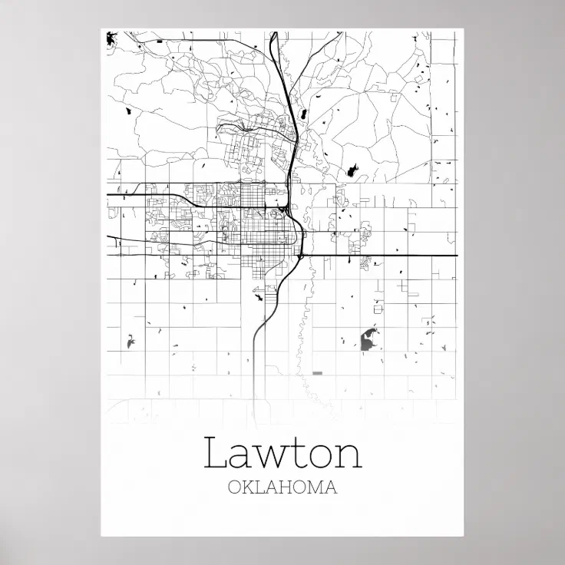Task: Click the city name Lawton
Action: coord(282,453)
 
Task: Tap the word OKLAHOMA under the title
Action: coord(282,487)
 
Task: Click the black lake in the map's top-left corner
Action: coord(112,36)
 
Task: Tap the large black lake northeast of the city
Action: coord(354,170)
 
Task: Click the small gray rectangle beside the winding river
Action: coord(318,373)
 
